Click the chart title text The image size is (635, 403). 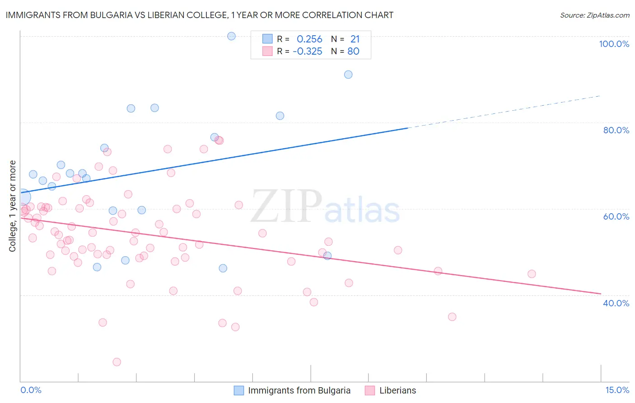tap(199, 15)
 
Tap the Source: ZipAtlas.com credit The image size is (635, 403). tap(594, 15)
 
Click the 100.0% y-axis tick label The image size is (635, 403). tap(614, 44)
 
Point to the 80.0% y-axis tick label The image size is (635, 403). tap(616, 130)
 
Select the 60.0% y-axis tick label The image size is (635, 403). tap(616, 216)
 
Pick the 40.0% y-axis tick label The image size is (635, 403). tap(616, 303)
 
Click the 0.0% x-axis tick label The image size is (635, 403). tap(31, 390)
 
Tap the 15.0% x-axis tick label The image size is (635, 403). tap(617, 390)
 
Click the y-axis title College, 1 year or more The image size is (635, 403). tap(12, 206)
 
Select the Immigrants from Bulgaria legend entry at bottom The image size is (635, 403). tap(299, 390)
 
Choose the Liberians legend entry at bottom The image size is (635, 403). tap(397, 390)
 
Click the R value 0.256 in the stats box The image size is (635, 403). tap(309, 39)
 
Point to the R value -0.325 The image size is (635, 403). tap(308, 51)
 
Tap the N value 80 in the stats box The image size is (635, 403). tap(353, 51)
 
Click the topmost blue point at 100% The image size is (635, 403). tap(231, 36)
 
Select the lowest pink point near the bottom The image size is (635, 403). tap(117, 362)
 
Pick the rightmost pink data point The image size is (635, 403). tap(532, 274)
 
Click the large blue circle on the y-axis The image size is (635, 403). tap(22, 197)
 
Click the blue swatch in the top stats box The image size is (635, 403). tap(267, 39)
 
